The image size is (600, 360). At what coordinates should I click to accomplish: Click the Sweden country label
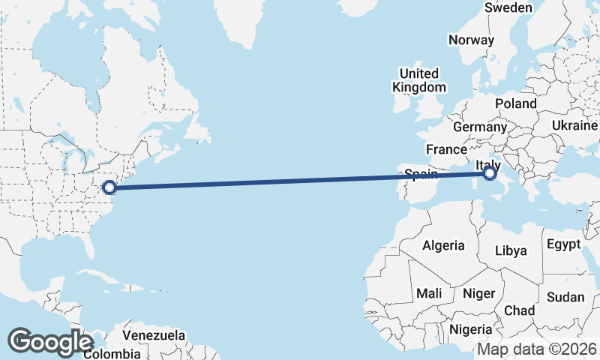(x=508, y=7)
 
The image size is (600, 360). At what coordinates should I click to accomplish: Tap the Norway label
(x=471, y=40)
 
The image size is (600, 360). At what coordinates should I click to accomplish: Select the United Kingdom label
(x=418, y=80)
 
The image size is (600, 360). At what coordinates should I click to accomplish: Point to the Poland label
(x=516, y=103)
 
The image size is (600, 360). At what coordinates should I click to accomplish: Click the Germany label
(x=480, y=127)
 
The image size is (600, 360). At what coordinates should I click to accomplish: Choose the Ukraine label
(x=574, y=125)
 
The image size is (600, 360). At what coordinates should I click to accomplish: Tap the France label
(x=446, y=149)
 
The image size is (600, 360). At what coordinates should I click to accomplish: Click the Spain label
(x=421, y=175)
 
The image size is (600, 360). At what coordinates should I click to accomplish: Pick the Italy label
(x=489, y=165)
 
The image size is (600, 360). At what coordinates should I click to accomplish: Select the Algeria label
(x=443, y=245)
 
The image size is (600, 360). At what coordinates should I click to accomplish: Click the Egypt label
(x=564, y=244)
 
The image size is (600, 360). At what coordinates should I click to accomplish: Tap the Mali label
(x=429, y=293)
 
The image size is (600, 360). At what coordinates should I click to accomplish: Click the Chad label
(x=520, y=310)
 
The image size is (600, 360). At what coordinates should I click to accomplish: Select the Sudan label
(x=565, y=297)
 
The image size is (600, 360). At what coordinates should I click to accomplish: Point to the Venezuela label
(x=154, y=334)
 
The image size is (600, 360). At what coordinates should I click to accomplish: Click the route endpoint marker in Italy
(x=490, y=174)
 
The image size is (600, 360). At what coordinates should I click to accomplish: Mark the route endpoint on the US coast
(x=109, y=187)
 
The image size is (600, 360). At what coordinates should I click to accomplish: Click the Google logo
(x=50, y=342)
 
